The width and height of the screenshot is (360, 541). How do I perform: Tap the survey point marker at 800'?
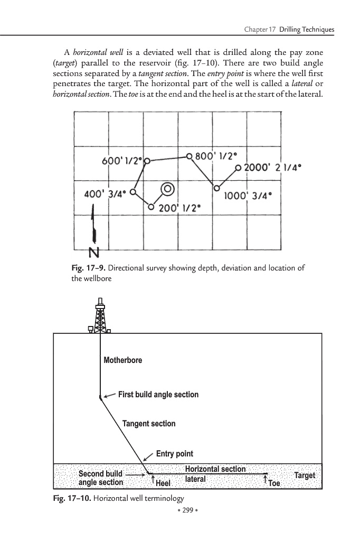[189, 156]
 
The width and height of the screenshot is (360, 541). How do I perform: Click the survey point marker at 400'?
[133, 192]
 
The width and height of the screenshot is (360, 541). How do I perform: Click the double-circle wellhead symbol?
[167, 189]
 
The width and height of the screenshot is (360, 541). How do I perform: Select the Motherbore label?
[123, 360]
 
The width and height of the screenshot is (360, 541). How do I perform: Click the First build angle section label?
[158, 395]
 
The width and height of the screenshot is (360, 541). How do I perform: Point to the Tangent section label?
[149, 424]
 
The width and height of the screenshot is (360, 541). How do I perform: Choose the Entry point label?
[175, 454]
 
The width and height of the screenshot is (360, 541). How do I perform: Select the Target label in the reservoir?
[305, 475]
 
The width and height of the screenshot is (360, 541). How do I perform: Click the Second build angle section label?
[101, 478]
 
